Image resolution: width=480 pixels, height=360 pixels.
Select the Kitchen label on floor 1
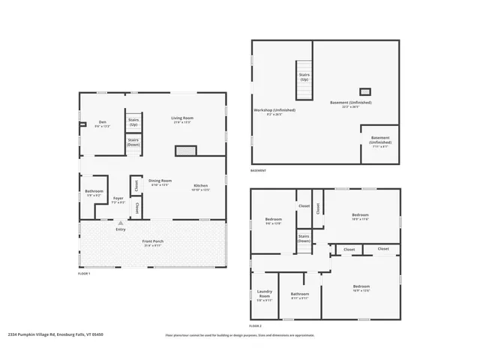pos(200,187)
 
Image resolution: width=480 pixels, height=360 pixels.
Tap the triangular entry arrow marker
pos(120,223)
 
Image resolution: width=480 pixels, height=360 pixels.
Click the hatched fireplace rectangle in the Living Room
pos(185,151)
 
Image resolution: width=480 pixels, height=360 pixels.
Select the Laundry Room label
pos(264,294)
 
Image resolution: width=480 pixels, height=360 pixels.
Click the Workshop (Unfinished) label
pos(274,112)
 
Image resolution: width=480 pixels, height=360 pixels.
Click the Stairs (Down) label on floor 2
pos(304,238)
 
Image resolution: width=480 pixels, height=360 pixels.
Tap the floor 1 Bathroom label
pos(94,193)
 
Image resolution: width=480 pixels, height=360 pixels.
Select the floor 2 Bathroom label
pos(299,295)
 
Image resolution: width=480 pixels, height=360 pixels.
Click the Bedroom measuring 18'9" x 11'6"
pos(361,216)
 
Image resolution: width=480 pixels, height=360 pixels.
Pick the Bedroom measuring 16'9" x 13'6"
pos(361,288)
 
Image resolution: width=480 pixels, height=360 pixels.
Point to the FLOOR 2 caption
pos(255,326)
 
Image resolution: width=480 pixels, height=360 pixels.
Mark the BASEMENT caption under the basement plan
pos(259,170)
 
